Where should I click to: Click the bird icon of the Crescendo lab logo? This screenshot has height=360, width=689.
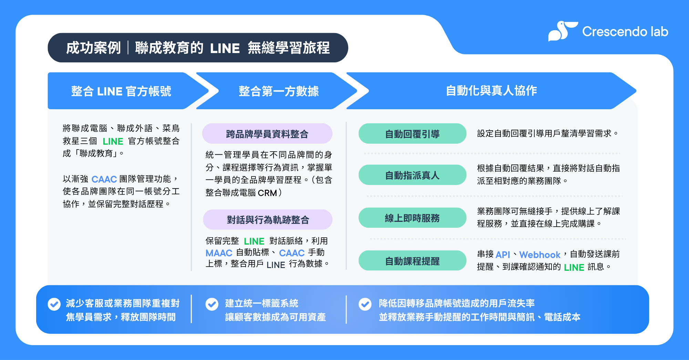(x=562, y=31)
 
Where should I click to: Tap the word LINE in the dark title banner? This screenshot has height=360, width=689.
(x=225, y=48)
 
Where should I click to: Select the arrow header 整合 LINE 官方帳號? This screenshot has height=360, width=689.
(x=121, y=91)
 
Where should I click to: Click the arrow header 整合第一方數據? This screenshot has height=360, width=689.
(x=278, y=91)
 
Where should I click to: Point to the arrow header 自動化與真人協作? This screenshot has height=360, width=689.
(x=491, y=91)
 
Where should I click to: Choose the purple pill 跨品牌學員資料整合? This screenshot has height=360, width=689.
(x=267, y=134)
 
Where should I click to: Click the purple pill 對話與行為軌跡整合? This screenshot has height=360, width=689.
(x=268, y=219)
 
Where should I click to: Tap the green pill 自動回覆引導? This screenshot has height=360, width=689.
(x=412, y=134)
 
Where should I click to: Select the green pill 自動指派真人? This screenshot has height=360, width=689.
(x=412, y=175)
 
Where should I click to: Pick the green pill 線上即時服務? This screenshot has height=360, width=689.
(x=412, y=218)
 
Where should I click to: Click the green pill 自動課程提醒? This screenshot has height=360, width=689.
(x=412, y=261)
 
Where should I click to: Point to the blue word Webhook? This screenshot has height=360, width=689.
(x=539, y=255)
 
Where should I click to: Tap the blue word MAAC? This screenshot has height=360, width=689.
(x=219, y=253)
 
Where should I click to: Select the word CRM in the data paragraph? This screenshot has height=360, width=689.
(x=267, y=193)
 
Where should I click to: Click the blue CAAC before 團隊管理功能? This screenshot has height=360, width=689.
(x=104, y=179)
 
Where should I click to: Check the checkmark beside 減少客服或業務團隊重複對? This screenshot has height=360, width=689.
(x=54, y=304)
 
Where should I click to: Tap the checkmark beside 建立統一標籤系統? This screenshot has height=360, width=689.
(x=212, y=304)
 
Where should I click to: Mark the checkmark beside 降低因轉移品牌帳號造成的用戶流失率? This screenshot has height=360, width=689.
(x=365, y=304)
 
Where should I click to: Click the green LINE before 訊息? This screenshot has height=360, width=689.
(x=574, y=267)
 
